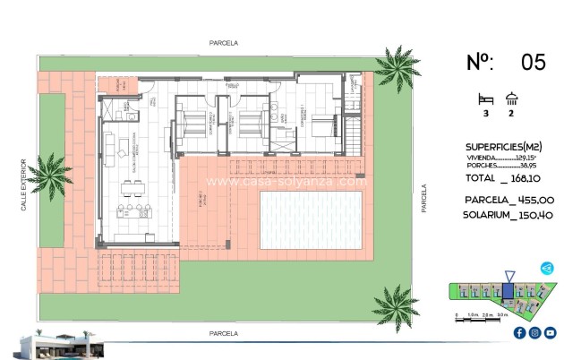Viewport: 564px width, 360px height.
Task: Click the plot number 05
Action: pos(533,62)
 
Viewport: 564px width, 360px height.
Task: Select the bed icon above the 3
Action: pos(487,99)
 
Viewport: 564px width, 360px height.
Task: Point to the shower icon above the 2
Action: pos(512,99)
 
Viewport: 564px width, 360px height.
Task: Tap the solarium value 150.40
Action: pos(535,216)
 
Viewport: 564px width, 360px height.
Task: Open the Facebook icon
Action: pos(520,332)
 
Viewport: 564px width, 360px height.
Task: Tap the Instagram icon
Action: pos(534,332)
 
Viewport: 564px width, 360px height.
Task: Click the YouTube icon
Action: pos(549,332)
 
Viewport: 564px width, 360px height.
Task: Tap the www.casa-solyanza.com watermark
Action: pos(286,181)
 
